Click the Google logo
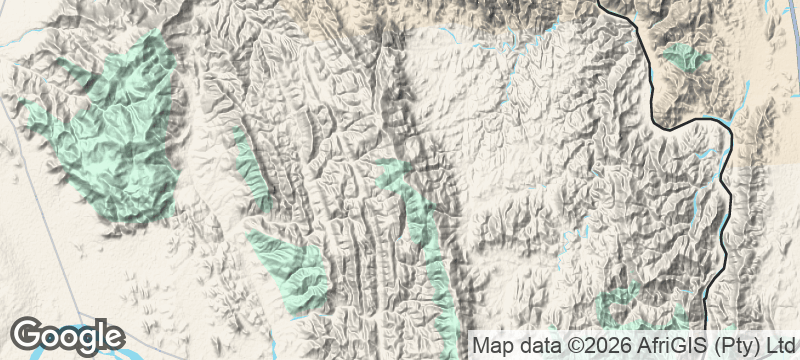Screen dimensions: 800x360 point(68,336)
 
